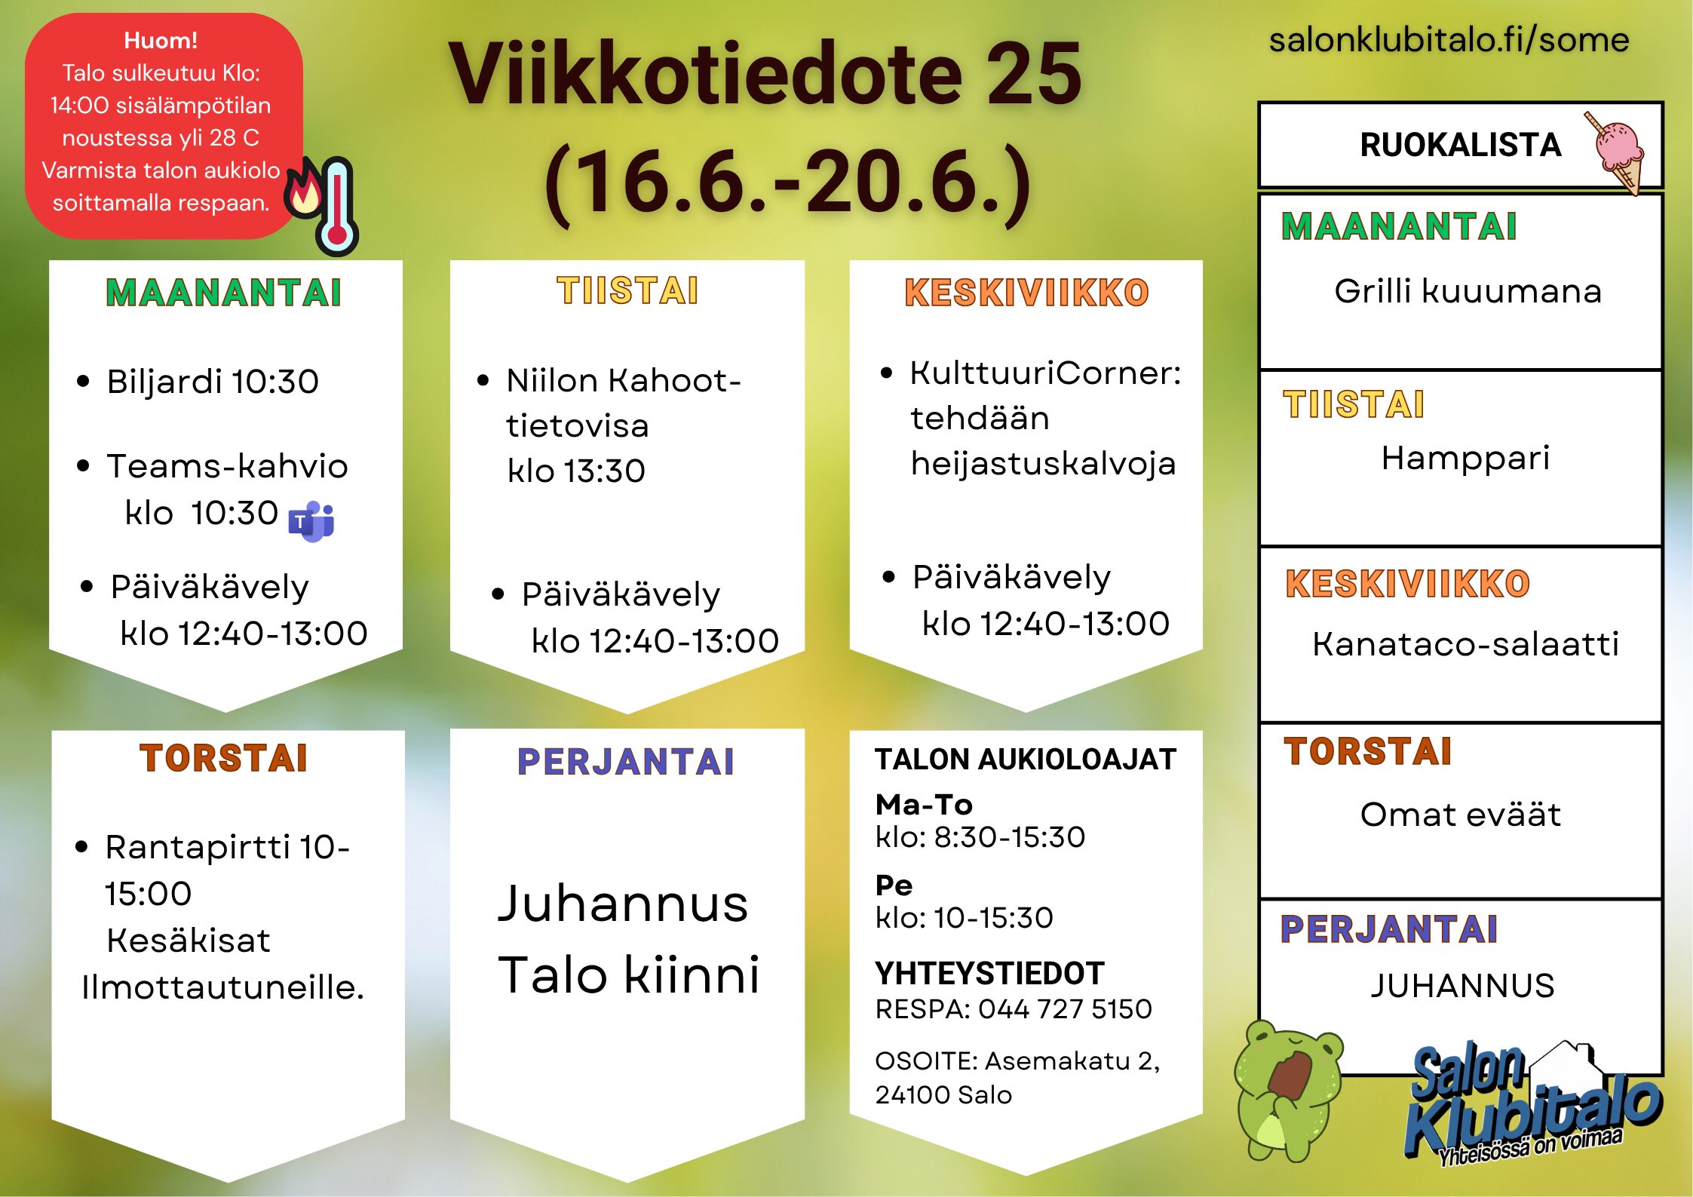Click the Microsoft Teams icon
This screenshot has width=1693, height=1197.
311,521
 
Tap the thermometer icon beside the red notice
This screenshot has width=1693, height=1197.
337,206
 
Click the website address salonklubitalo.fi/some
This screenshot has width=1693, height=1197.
1449,39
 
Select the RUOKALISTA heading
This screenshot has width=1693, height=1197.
1461,145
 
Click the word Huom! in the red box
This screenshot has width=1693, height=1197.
161,40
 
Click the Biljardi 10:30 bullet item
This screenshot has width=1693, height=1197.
213,382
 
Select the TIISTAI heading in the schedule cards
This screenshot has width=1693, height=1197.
627,291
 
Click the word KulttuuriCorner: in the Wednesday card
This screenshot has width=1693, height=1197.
1045,373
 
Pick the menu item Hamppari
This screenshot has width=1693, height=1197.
1465,458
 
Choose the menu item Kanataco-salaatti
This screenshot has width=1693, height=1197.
1465,644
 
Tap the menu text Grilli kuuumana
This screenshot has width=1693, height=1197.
1468,291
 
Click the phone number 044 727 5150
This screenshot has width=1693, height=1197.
1065,1009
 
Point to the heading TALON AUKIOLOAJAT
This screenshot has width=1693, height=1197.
1026,760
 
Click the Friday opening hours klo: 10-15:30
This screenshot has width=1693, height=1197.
964,918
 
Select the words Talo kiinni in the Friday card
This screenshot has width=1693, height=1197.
629,974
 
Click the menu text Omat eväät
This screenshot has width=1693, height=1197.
1460,815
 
